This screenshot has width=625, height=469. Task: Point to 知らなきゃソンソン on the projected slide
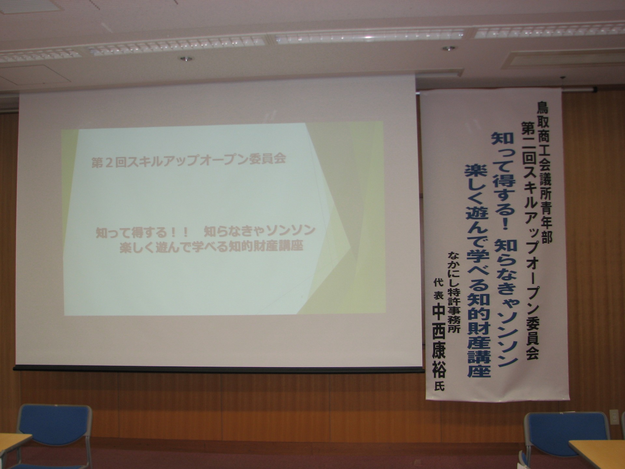coord(259,231)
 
